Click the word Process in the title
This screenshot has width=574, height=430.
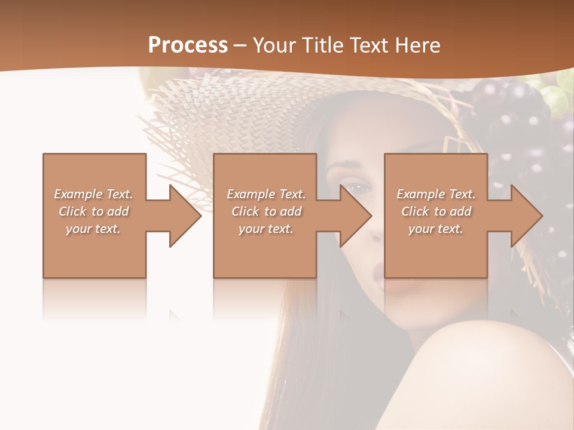pos(188,45)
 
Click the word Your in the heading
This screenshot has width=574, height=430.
pos(272,45)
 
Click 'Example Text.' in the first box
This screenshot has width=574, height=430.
pos(93,194)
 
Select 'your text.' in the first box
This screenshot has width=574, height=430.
pos(93,229)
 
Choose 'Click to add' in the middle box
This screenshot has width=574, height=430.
pos(266,211)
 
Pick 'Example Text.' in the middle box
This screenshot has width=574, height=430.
pos(266,194)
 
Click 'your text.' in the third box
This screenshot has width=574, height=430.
pos(436,229)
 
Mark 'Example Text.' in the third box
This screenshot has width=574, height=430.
pos(436,194)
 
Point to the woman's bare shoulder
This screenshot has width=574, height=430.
pos(490,370)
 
